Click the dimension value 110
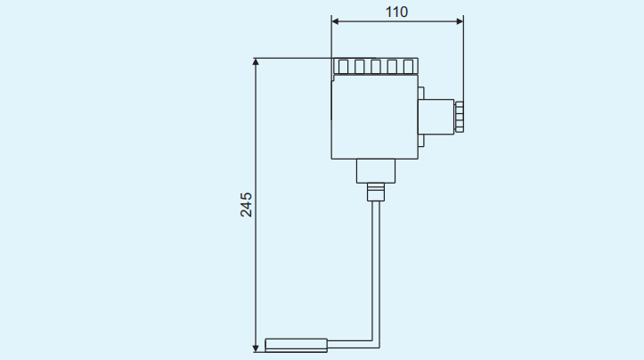[x=396, y=12]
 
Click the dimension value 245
[x=247, y=204]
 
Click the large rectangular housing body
[x=375, y=117]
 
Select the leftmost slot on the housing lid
[x=343, y=67]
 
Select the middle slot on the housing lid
[x=375, y=67]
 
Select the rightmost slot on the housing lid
[x=408, y=67]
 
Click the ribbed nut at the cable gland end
[x=460, y=116]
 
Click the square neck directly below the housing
[x=375, y=171]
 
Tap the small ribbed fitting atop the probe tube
[x=375, y=191]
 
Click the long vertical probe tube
[x=375, y=267]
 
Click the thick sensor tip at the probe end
[x=297, y=344]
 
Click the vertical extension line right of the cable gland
[x=463, y=62]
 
